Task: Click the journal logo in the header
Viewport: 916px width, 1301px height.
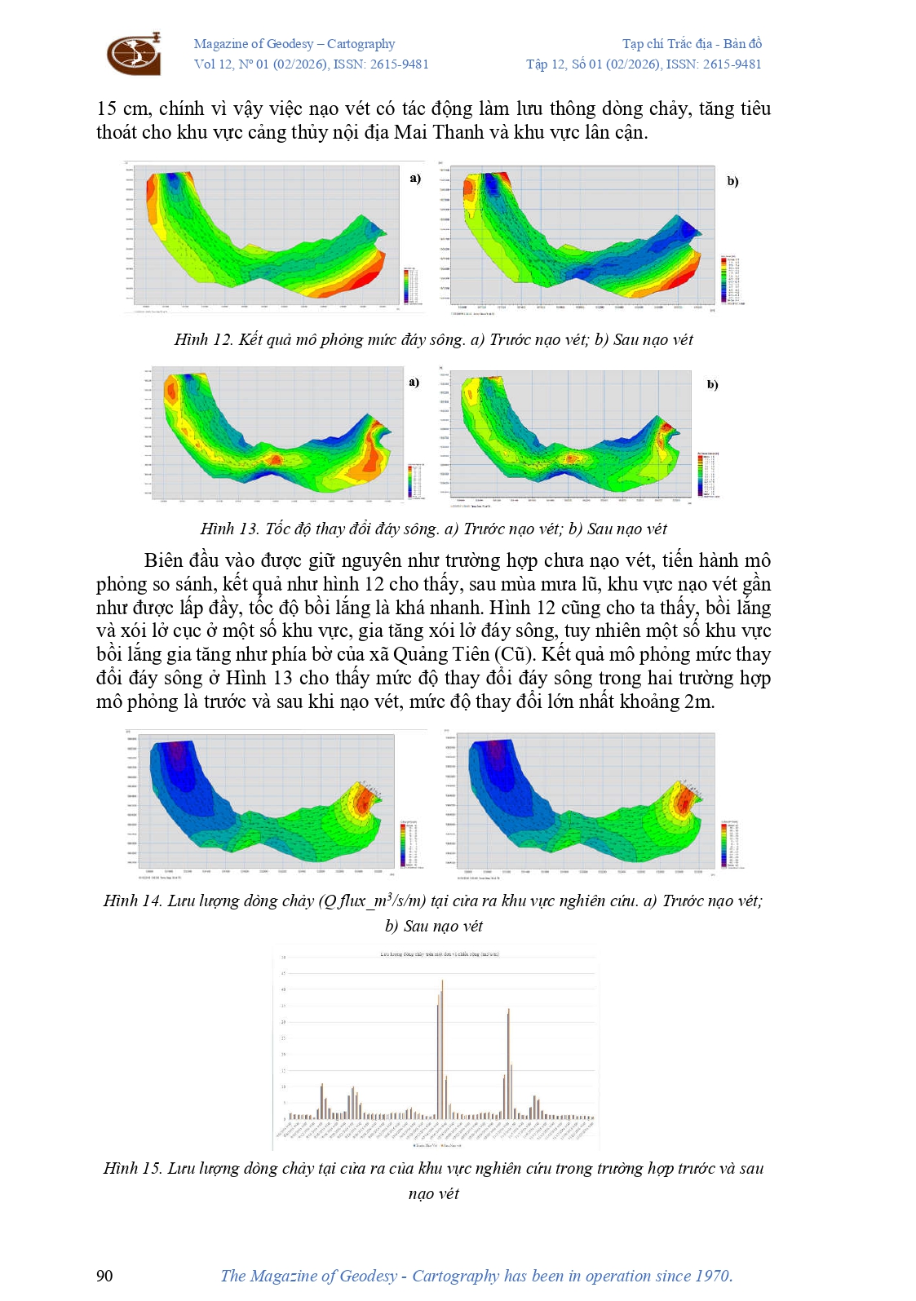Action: tap(135, 54)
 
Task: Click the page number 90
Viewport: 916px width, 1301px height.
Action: tap(104, 1276)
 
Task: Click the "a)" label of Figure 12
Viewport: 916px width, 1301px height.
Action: tap(415, 178)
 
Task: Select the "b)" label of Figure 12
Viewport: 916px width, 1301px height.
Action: tap(732, 181)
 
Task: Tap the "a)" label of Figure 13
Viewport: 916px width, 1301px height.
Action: tap(414, 382)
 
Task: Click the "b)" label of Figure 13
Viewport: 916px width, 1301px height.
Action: tap(712, 384)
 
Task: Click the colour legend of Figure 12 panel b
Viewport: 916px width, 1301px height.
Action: tap(730, 280)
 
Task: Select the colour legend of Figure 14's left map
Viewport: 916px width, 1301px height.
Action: tap(409, 845)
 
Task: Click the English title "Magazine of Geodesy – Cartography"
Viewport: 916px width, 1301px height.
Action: tap(294, 44)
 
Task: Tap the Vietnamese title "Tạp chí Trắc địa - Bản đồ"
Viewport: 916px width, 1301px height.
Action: tap(692, 44)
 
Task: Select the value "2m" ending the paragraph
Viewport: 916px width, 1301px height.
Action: tap(699, 701)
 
